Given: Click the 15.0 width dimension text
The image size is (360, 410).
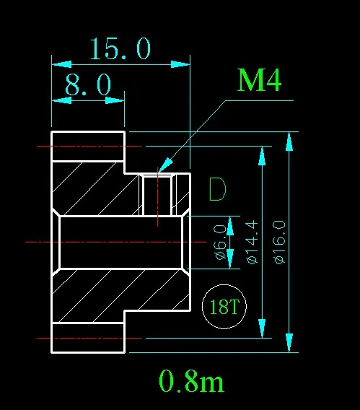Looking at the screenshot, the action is pyautogui.click(x=120, y=48).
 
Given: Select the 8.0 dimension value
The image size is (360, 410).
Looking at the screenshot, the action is pyautogui.click(x=88, y=84).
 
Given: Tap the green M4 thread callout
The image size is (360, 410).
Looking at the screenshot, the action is pyautogui.click(x=259, y=80).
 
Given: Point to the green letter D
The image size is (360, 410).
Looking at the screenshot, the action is pyautogui.click(x=217, y=189).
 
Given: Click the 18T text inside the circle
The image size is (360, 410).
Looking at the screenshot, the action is pyautogui.click(x=224, y=307).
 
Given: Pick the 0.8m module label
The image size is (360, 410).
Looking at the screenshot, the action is pyautogui.click(x=191, y=380).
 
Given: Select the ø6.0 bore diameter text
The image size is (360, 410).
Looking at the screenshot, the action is pyautogui.click(x=220, y=242).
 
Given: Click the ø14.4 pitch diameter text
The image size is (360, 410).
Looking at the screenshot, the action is pyautogui.click(x=252, y=242).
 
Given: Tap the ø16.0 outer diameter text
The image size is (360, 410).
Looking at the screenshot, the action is pyautogui.click(x=279, y=242).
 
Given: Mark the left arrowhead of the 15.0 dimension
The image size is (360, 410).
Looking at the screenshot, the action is pyautogui.click(x=61, y=64).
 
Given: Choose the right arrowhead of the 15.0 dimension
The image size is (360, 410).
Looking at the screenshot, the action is pyautogui.click(x=180, y=64).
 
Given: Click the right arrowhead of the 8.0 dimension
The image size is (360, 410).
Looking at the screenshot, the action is pyautogui.click(x=115, y=100).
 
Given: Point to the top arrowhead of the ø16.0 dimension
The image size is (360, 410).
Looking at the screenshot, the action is pyautogui.click(x=289, y=141).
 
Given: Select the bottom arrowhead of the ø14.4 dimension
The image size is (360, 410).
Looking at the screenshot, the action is pyautogui.click(x=262, y=328).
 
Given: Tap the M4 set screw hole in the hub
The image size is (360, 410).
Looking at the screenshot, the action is pyautogui.click(x=157, y=195).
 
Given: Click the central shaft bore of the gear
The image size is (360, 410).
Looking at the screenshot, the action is pyautogui.click(x=120, y=242).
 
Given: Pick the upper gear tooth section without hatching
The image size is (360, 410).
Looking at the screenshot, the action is pyautogui.click(x=88, y=147).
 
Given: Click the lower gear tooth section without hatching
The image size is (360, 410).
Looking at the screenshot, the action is pyautogui.click(x=88, y=338).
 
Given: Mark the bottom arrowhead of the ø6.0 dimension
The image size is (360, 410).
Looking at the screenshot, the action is pyautogui.click(x=230, y=258).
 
